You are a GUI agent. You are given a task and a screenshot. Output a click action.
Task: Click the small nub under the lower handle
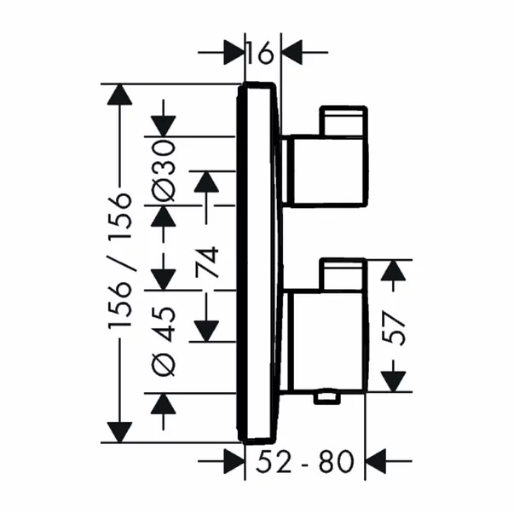click(325, 397)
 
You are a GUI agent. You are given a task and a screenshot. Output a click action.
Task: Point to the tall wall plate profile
click(259, 264)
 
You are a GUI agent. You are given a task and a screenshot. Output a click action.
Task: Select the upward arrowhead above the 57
click(391, 272)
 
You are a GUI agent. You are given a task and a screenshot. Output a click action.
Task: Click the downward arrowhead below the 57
click(391, 381)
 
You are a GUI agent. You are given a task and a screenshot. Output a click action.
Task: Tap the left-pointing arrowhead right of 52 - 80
click(377, 463)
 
